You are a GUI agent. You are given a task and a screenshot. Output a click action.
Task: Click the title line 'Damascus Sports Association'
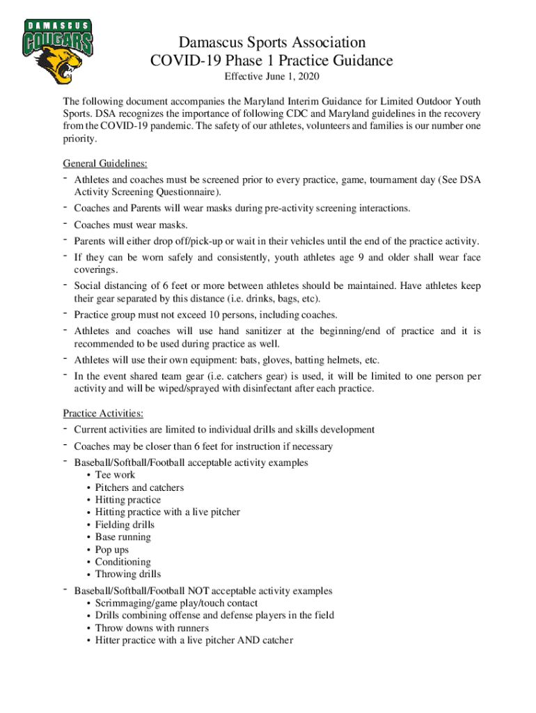271,43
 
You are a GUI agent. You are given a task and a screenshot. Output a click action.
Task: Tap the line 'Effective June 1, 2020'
271,76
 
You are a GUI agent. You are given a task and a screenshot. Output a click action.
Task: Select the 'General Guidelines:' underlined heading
105,164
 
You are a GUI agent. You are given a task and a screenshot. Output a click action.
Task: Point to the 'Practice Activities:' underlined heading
103,414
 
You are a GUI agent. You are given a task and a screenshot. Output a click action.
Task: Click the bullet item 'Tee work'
115,475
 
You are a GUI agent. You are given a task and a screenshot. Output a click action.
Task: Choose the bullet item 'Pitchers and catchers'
139,487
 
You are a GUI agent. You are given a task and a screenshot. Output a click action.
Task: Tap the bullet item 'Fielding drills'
125,525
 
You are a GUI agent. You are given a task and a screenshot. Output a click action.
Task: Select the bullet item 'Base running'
123,537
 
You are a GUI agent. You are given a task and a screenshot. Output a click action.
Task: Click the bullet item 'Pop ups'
111,549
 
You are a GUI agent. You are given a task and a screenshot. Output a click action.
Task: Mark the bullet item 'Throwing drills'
127,574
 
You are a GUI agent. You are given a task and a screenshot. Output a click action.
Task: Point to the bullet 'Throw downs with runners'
152,628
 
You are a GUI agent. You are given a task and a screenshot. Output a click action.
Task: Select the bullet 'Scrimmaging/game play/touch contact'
176,603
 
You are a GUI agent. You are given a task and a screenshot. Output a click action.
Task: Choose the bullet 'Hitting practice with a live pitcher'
167,512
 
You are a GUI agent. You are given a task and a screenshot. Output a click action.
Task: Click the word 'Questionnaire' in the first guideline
187,191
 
